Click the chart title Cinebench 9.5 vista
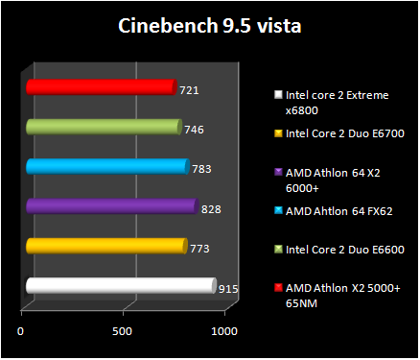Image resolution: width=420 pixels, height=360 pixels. pos(209,25)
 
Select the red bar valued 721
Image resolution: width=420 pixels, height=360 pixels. pos(101,87)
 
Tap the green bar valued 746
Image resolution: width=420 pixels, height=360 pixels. pos(103,127)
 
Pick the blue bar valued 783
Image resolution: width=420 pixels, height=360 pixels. pos(106,167)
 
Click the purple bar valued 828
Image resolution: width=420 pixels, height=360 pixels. pos(111,206)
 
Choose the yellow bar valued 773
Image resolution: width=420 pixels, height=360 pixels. pos(105,247)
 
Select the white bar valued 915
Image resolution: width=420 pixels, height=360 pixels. pos(120,285)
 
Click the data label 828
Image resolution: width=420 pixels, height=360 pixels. pos(212,208)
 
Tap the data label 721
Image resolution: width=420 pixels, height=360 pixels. pos(190,89)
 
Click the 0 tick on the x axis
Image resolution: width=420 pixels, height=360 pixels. pos(21,331)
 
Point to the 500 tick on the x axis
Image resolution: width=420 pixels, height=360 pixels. pos(122,331)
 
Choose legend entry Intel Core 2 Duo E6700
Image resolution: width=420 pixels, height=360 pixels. pos(344,133)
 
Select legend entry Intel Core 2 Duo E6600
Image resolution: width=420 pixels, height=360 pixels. pos(344,249)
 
